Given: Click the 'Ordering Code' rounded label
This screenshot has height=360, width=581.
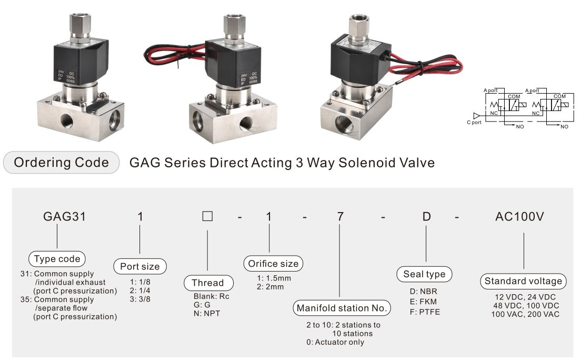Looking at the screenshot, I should (61, 163).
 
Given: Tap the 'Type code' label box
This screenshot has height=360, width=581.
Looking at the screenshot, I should (57, 259).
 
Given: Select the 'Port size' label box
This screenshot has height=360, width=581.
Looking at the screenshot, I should (140, 266).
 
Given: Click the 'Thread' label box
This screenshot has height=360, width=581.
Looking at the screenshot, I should (207, 283).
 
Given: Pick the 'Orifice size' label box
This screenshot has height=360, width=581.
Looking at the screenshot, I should (273, 264).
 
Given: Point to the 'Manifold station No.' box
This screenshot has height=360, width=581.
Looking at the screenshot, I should (342, 308).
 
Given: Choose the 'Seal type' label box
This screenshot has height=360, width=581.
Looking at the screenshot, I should (424, 274).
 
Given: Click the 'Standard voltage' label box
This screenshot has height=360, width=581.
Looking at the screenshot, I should (523, 281).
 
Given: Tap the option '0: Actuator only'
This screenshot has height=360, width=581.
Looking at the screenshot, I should (335, 342).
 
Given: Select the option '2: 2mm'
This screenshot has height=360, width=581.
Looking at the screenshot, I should (270, 287).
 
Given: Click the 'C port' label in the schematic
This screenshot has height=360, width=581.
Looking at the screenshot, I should (474, 123).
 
